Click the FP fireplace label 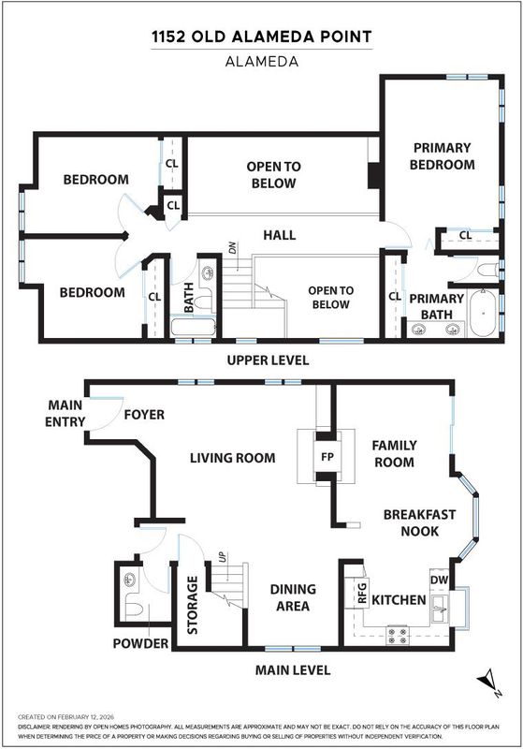tap(327, 457)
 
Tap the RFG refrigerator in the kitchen tap(362, 592)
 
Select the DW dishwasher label tap(439, 580)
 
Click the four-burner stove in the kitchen tap(398, 635)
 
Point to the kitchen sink tap(440, 609)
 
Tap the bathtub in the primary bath tap(484, 313)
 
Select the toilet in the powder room tap(134, 610)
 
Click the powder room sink tap(129, 580)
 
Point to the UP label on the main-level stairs tap(222, 557)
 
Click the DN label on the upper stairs tap(232, 248)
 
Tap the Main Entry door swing tap(107, 414)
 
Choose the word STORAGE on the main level tap(192, 605)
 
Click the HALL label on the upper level tap(280, 235)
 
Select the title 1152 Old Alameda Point tap(262, 37)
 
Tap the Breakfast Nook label tap(419, 522)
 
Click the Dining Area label tap(293, 597)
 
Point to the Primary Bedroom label tap(442, 156)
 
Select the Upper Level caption tap(268, 360)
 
